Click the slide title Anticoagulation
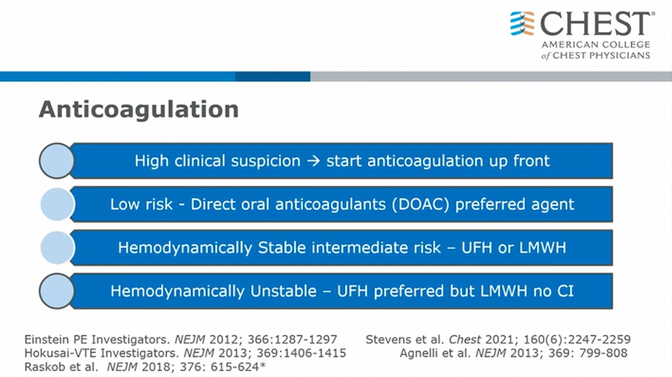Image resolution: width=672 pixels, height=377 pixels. [139, 110]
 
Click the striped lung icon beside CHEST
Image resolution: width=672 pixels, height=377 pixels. [522, 23]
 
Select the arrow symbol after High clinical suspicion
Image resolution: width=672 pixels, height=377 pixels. [314, 161]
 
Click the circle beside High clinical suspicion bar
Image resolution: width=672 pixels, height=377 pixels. [56, 161]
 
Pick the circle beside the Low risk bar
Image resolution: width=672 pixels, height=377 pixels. [57, 204]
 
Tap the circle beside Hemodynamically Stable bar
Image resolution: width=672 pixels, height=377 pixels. [57, 248]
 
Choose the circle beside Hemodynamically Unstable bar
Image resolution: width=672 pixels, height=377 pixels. [56, 291]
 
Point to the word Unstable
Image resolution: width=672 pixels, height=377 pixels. [283, 291]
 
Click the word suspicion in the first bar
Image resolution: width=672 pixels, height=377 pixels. [266, 161]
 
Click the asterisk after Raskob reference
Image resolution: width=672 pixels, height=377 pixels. [263, 366]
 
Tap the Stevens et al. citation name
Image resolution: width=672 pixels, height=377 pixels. [404, 340]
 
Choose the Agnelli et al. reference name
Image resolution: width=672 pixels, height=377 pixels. [435, 354]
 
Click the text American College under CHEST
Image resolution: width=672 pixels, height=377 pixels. [596, 44]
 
